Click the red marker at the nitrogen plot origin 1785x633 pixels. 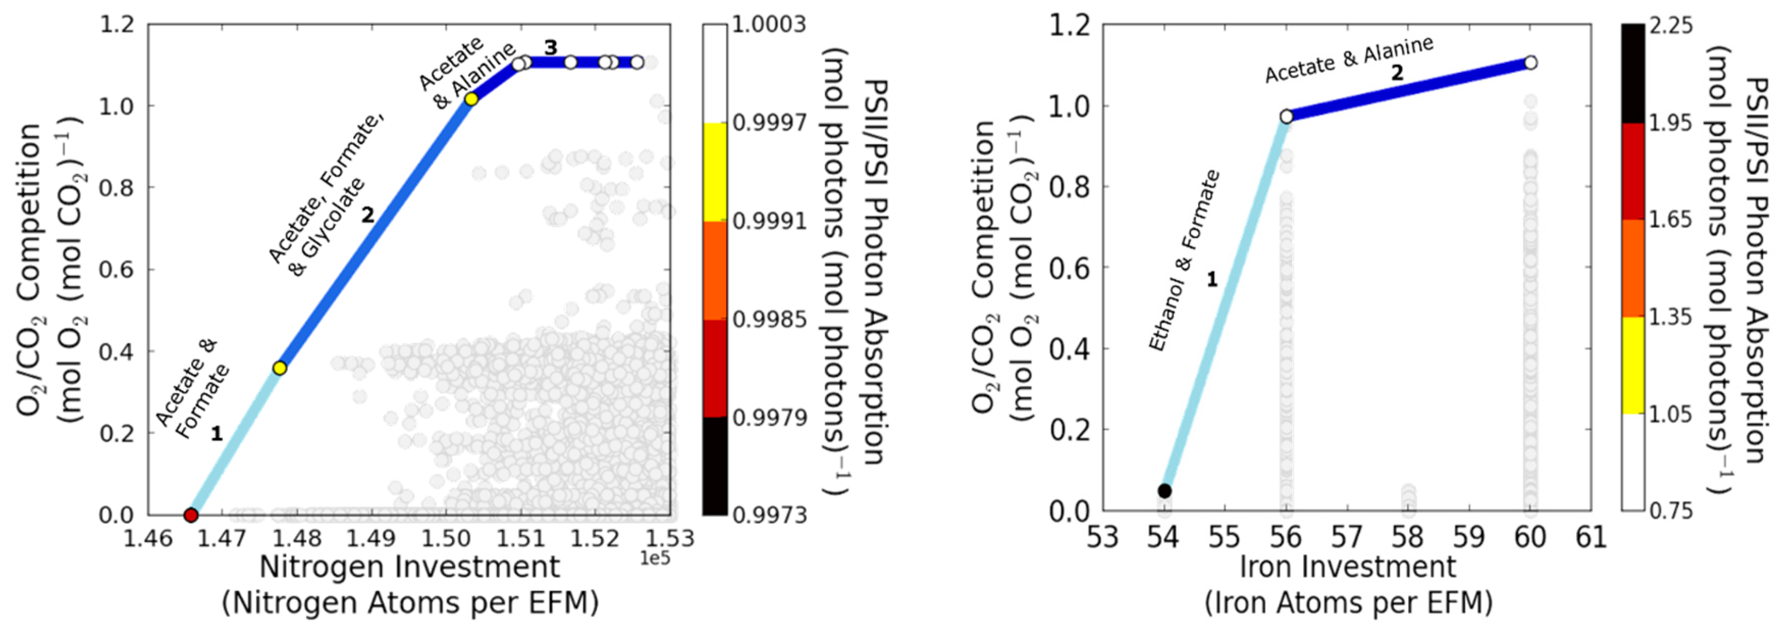[191, 515]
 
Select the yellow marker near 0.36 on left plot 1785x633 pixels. [279, 368]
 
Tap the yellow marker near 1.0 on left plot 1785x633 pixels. [471, 99]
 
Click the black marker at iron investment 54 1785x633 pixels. [1165, 491]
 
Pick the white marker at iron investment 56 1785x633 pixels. [1286, 116]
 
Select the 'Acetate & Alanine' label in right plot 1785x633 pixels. [1348, 60]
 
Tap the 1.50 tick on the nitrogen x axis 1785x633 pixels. [445, 537]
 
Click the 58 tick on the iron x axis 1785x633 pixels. [1408, 537]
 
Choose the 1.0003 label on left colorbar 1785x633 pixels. [769, 25]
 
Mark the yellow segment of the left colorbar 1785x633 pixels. [715, 172]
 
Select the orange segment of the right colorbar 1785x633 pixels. [1633, 268]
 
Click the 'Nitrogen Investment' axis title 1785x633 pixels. [409, 567]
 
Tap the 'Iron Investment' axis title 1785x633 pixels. [1348, 567]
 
